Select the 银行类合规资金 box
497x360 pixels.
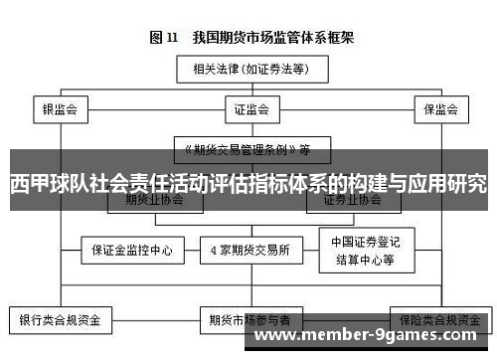click(61, 321)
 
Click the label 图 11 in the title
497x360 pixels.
click(164, 38)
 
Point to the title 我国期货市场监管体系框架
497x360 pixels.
click(268, 38)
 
